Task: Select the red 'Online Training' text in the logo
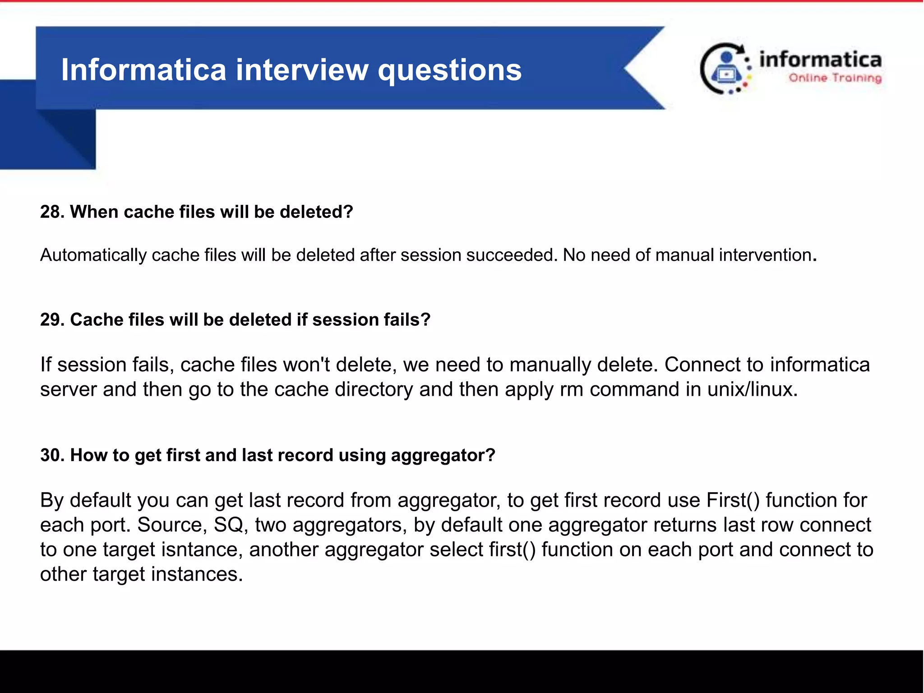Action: click(835, 78)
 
